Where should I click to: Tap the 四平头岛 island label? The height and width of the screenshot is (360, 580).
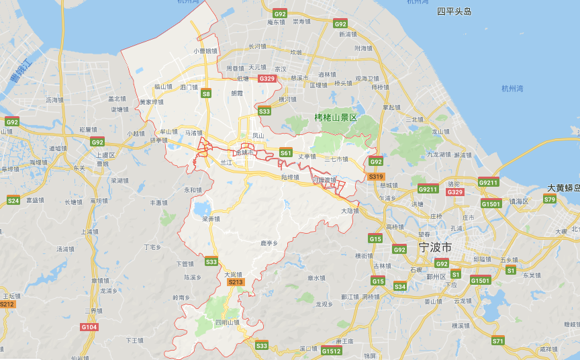454,11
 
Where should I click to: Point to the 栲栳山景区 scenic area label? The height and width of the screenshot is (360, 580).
336,117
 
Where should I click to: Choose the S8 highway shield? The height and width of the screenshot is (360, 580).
206,93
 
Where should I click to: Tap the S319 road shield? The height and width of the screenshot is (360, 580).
376,177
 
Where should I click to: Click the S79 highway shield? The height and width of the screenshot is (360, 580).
550,199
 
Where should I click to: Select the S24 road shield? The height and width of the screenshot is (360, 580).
13,200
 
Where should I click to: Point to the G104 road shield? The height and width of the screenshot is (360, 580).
89,326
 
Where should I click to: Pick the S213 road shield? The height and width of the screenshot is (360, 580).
235,282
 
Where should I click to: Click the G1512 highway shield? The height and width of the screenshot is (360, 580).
331,351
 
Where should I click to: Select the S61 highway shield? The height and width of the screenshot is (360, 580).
285,153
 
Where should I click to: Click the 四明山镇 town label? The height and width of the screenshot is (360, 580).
227,323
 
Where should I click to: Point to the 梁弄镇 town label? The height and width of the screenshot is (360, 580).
211,218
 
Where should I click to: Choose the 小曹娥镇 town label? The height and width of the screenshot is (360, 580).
206,50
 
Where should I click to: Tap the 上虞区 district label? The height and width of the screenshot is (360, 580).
104,154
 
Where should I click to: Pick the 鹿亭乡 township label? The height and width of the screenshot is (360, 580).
269,243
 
